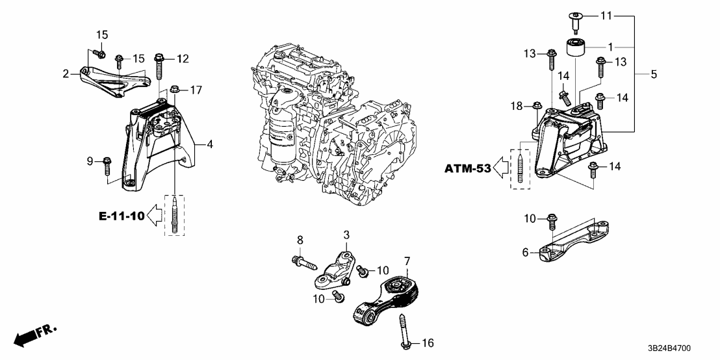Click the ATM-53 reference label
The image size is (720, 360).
(469, 169)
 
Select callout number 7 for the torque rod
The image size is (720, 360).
(407, 262)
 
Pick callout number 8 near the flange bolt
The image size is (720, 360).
(300, 241)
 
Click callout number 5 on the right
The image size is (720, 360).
(654, 75)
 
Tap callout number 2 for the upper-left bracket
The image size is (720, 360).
(66, 75)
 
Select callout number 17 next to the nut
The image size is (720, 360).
(196, 89)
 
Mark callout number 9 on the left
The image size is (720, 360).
(90, 161)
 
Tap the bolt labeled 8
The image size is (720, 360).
(303, 263)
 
